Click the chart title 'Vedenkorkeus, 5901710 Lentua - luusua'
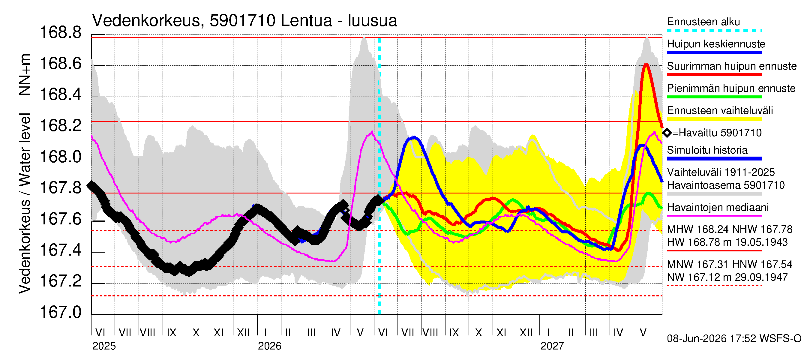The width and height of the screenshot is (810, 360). click(244, 21)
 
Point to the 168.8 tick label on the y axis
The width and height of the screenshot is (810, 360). click(60, 32)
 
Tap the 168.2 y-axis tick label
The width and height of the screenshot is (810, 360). click(60, 125)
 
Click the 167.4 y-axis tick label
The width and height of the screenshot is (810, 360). click(60, 250)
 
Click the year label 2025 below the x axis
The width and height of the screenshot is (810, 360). click(104, 346)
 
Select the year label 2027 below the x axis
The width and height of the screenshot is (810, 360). click(552, 346)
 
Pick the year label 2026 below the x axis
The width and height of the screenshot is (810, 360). click(269, 346)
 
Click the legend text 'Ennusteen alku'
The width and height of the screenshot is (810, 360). click(703, 22)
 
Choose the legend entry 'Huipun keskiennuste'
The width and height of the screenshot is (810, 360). click(716, 44)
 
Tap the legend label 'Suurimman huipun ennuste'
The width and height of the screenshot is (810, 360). click(732, 66)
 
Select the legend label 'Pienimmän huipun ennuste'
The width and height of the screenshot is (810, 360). click(731, 88)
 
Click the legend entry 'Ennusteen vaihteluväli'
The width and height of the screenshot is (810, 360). click(720, 110)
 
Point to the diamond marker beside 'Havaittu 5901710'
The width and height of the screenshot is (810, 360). click(667, 133)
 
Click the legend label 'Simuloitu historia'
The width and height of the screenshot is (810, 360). click(707, 150)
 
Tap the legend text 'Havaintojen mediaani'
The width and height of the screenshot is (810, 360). click(718, 208)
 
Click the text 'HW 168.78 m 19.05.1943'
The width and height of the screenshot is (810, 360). click(727, 242)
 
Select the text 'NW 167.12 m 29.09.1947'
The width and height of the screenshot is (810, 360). click(727, 277)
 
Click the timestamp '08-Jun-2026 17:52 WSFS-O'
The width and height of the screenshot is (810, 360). click(734, 338)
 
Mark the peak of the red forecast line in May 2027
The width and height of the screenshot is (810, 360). click(646, 64)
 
